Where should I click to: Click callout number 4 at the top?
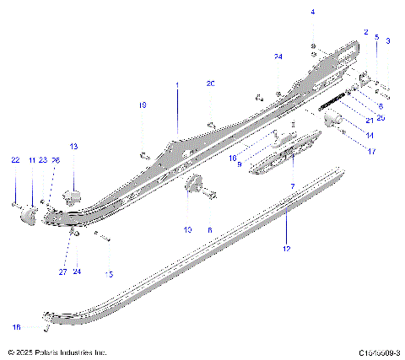pyautogui.click(x=312, y=12)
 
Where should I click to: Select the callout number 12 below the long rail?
pyautogui.click(x=286, y=250)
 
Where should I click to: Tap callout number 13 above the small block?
pyautogui.click(x=73, y=147)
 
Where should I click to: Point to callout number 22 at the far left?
pyautogui.click(x=14, y=159)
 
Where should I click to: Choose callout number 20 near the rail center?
pyautogui.click(x=211, y=83)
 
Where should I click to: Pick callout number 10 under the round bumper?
pyautogui.click(x=187, y=229)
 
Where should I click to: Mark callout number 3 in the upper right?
pyautogui.click(x=387, y=40)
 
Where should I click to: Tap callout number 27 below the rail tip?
pyautogui.click(x=62, y=271)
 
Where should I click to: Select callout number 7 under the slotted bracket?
pyautogui.click(x=292, y=185)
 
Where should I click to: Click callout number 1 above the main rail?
pyautogui.click(x=177, y=85)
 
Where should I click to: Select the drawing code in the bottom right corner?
pyautogui.click(x=378, y=352)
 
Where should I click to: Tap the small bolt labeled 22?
pyautogui.click(x=15, y=204)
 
